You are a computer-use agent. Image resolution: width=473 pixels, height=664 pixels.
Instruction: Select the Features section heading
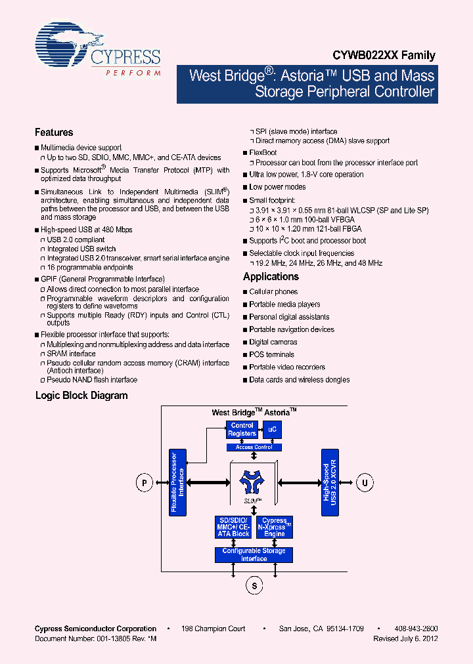coord(54,133)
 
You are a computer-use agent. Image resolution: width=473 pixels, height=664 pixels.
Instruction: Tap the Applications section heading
coord(271,277)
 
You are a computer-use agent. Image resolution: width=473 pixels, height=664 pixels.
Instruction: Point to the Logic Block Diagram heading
coord(81,396)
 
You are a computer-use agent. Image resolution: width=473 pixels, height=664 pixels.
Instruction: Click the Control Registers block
coord(242,430)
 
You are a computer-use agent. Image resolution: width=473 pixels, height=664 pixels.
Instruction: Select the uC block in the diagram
coord(272,430)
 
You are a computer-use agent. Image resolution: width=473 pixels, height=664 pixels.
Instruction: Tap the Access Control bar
coord(254,447)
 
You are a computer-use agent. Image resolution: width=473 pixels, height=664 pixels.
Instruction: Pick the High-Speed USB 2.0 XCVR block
coord(330,482)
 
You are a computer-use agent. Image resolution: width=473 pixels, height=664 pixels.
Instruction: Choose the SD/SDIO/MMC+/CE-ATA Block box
coord(233,528)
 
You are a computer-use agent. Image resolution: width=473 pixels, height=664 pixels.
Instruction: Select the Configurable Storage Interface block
coord(254,554)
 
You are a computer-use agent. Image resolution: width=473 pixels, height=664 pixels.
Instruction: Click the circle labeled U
coord(364,484)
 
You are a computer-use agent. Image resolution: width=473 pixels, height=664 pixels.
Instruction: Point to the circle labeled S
coord(254,585)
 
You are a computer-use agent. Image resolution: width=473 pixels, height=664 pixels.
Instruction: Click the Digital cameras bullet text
coord(273,342)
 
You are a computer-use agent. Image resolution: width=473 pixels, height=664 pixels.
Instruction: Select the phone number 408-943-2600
coord(416,629)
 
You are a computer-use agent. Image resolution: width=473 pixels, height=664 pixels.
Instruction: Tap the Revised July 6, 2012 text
coord(405,638)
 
